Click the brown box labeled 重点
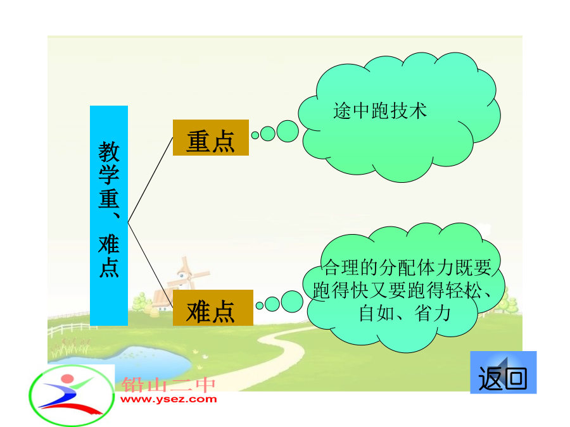pyautogui.click(x=211, y=138)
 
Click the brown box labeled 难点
pyautogui.click(x=213, y=308)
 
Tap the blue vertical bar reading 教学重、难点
pyautogui.click(x=109, y=216)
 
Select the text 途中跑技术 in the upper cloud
pyautogui.click(x=380, y=111)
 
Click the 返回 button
pyautogui.click(x=503, y=373)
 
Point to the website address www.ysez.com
pyautogui.click(x=168, y=399)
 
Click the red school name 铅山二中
pyautogui.click(x=168, y=385)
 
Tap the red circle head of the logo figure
pyautogui.click(x=68, y=379)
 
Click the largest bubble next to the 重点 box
pyautogui.click(x=288, y=131)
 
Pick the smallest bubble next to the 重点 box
pyautogui.click(x=255, y=135)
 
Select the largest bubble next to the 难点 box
pyautogui.click(x=292, y=301)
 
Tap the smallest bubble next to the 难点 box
pyautogui.click(x=260, y=306)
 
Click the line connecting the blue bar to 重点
pyautogui.click(x=151, y=180)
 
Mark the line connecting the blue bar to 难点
pyautogui.click(x=151, y=265)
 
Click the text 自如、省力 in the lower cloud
pyautogui.click(x=405, y=313)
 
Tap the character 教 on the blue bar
pyautogui.click(x=109, y=151)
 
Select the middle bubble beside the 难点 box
pyautogui.click(x=272, y=304)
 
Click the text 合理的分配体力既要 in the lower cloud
pyautogui.click(x=407, y=268)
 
